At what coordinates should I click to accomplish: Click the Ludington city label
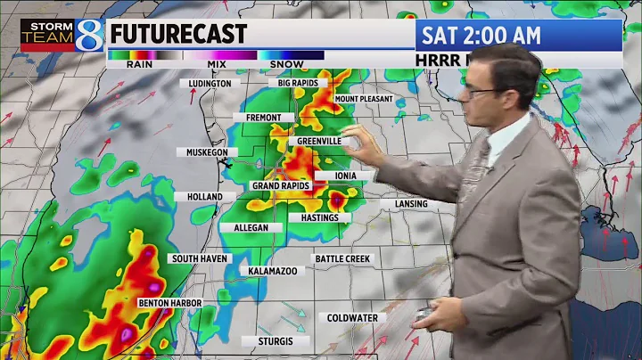[x=210, y=84]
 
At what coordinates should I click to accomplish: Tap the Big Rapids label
[x=298, y=83]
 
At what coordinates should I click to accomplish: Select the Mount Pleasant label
[x=364, y=99]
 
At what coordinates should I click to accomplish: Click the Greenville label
[x=315, y=141]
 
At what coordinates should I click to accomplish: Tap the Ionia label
[x=346, y=176]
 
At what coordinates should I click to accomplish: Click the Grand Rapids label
[x=280, y=186]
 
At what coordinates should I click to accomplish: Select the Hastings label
[x=319, y=218]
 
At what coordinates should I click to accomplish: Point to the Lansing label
[x=410, y=204]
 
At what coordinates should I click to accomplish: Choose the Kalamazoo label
[x=273, y=270]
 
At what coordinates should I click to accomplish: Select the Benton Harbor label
[x=169, y=303]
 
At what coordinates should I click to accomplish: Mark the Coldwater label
[x=351, y=318]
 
